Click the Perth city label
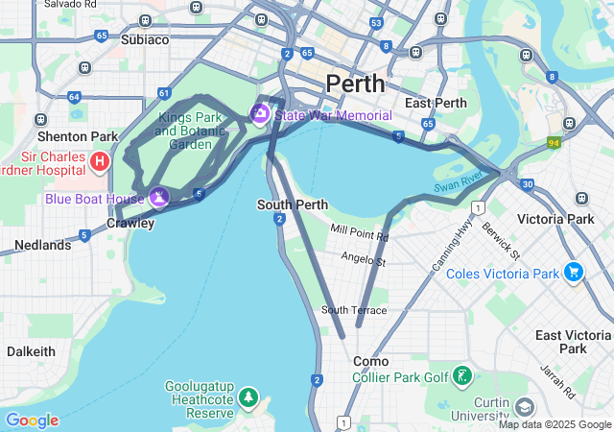(355, 84)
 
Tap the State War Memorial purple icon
(259, 115)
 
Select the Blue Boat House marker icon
(158, 198)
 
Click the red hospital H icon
(100, 160)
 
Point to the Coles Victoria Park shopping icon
(574, 273)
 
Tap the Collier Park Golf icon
(463, 375)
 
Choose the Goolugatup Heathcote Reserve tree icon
(248, 396)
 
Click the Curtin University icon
(524, 406)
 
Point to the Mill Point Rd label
(360, 230)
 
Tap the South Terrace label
(354, 310)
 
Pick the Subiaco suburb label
(145, 40)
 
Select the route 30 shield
(528, 184)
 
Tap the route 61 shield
(165, 93)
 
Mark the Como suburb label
(370, 361)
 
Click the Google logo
(32, 420)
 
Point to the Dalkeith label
(31, 352)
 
